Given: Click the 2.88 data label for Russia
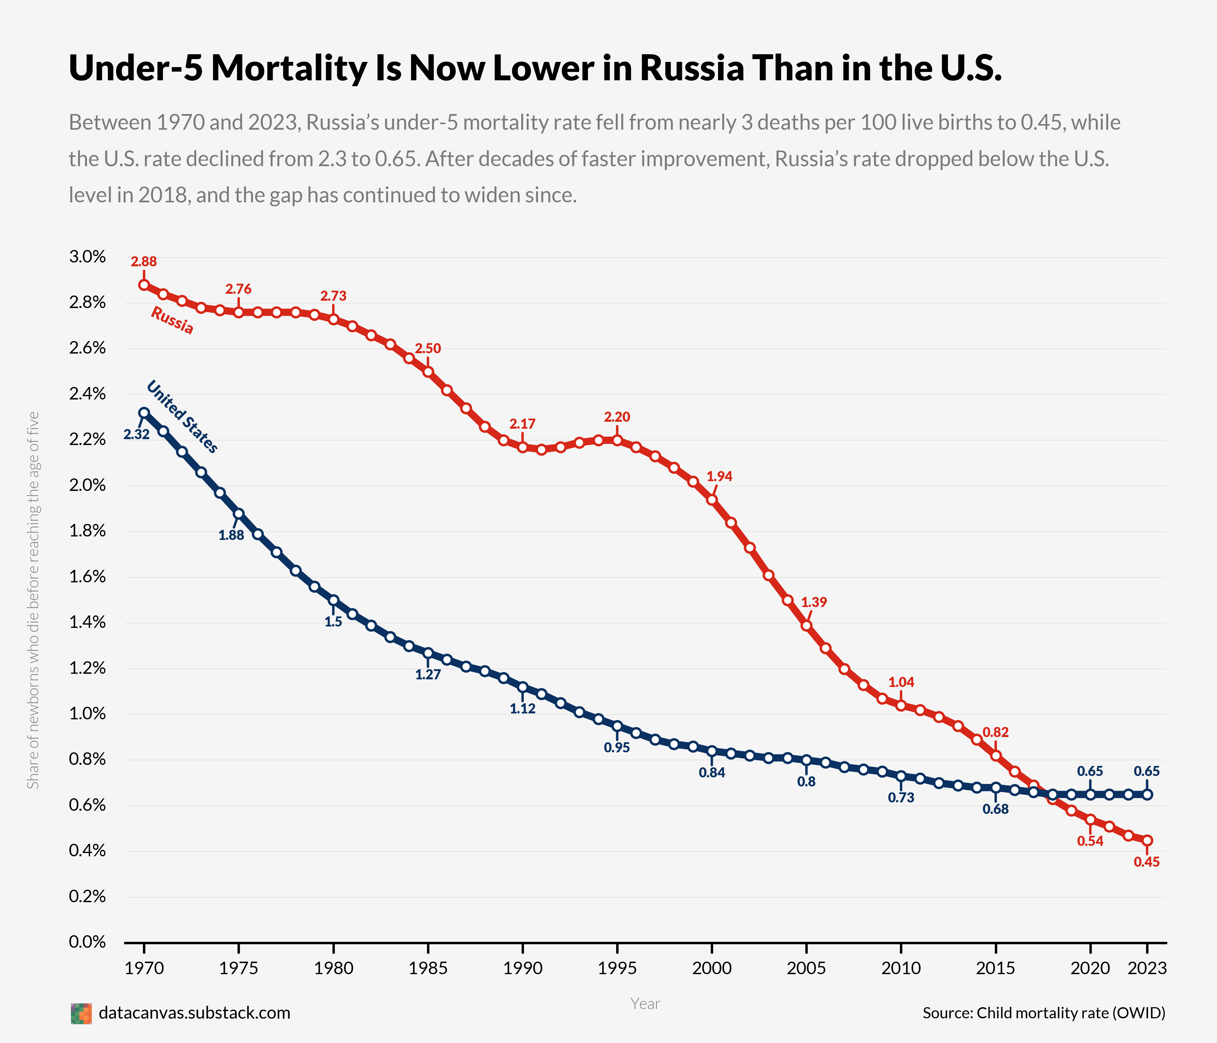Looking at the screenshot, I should (x=144, y=262).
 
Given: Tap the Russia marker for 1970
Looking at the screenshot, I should (x=144, y=285).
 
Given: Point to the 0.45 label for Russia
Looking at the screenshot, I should (x=1146, y=862).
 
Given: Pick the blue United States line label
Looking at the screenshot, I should (x=182, y=417).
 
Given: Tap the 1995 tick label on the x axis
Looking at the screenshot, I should (x=617, y=968).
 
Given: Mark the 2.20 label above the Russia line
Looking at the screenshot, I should (x=617, y=417).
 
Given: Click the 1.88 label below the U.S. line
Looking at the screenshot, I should (x=232, y=535).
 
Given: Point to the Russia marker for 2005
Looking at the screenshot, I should (x=806, y=625).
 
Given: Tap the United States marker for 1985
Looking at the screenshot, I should (x=428, y=653).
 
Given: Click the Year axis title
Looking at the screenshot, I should (x=645, y=1004).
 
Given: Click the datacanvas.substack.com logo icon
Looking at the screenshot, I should (x=81, y=1013).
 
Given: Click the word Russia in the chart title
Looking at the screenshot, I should (x=691, y=68).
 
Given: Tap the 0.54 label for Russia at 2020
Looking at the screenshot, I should (x=1090, y=841).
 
